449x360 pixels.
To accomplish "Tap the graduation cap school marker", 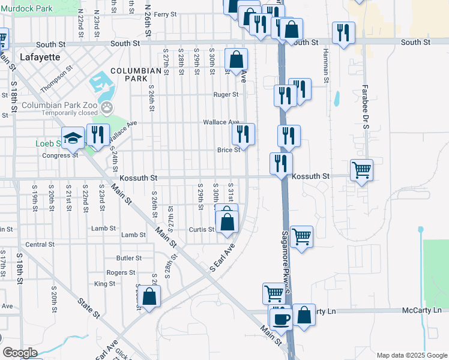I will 73,138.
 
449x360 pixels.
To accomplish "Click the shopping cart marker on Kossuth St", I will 361,170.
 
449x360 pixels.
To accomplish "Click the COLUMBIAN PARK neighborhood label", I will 137,74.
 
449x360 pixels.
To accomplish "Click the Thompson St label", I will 56,79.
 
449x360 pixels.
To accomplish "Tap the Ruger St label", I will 226,94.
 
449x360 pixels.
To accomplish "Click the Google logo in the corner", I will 20,353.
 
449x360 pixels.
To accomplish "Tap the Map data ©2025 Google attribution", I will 412,355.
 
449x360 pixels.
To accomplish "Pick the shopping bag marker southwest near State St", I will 149,296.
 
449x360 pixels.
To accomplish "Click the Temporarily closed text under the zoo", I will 61,113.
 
